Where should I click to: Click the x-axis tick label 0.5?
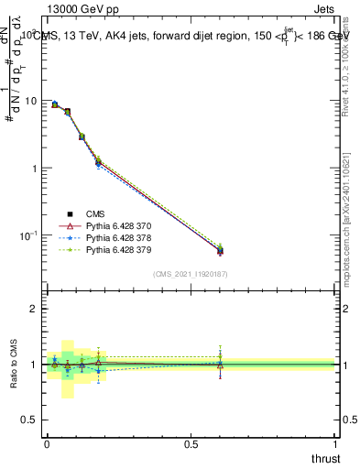coord(191,443)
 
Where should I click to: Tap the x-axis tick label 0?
coord(47,443)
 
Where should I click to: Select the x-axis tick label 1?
coord(336,443)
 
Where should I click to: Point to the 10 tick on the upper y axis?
coord(31,101)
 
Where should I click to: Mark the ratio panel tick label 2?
coord(35,310)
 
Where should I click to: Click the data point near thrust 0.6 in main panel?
coord(220,250)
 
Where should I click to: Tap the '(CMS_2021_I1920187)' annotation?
coord(191,273)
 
